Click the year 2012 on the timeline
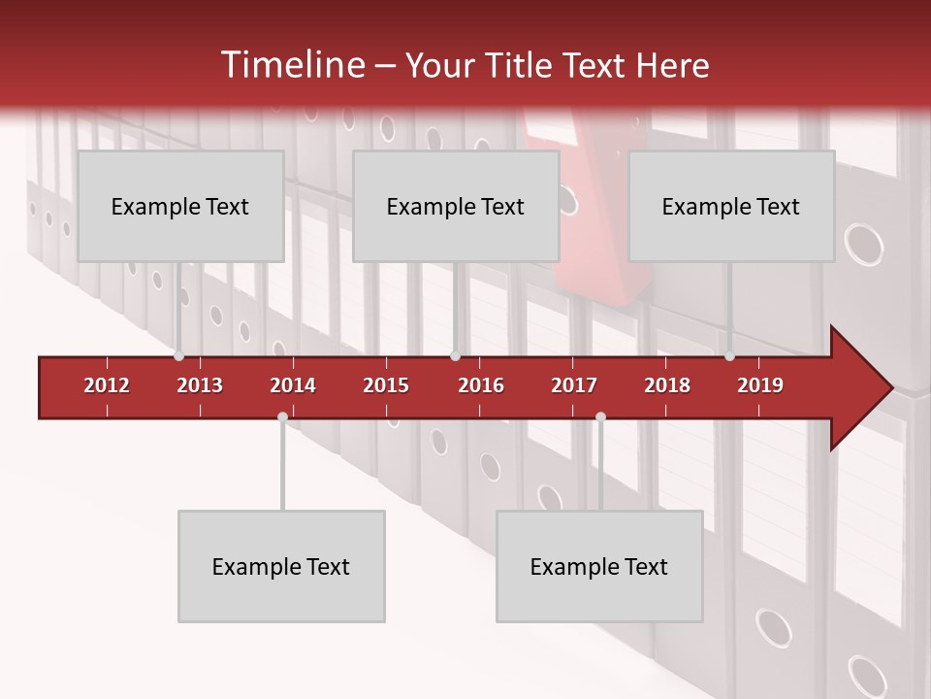(x=107, y=385)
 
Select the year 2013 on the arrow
(x=200, y=385)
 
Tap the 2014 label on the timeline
(x=293, y=385)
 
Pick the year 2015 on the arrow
(x=386, y=385)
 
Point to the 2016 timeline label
(x=481, y=385)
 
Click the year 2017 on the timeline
(x=574, y=385)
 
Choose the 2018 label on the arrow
(x=667, y=385)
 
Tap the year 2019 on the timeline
(x=760, y=385)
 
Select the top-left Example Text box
(x=180, y=206)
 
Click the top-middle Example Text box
(x=456, y=206)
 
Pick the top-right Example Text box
(x=731, y=206)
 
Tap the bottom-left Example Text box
(x=281, y=566)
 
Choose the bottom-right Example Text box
(x=599, y=566)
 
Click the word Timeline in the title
(x=291, y=65)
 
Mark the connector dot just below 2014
(x=282, y=416)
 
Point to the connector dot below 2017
(x=600, y=416)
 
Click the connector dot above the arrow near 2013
(x=178, y=356)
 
